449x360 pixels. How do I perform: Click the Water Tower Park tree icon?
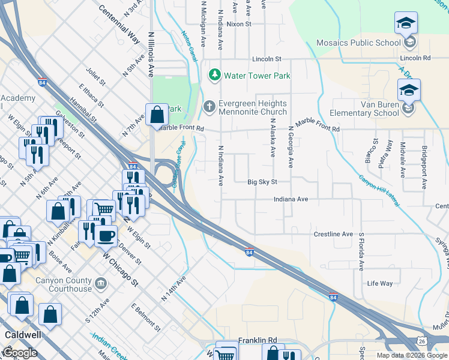(214, 75)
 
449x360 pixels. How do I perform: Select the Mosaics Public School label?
(359, 43)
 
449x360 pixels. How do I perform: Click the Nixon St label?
(238, 24)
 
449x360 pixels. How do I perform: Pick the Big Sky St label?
(262, 182)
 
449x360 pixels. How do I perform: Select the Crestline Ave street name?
(333, 234)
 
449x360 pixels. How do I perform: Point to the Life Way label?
(379, 283)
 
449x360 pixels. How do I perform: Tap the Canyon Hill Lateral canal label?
(379, 191)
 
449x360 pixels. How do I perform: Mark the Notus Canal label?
(189, 46)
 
